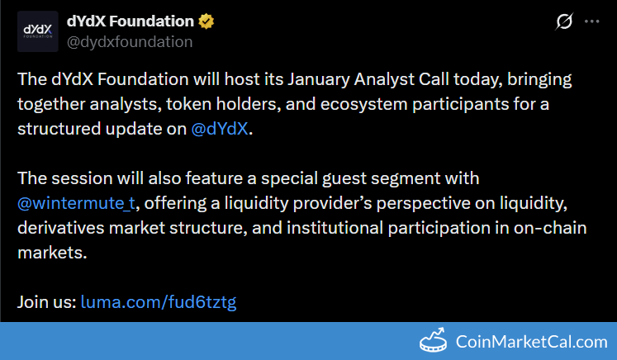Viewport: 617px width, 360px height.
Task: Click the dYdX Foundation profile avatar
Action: (38, 31)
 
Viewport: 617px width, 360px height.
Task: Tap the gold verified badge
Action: (206, 21)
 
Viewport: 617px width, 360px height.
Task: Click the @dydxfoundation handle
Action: (130, 42)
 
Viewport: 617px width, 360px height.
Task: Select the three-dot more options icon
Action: (592, 21)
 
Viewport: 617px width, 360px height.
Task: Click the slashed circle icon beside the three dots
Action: (564, 21)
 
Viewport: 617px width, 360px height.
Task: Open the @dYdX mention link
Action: (220, 129)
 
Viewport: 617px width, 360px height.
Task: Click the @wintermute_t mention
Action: (76, 203)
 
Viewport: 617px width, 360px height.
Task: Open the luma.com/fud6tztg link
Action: (159, 302)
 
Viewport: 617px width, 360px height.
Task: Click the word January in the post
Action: (318, 80)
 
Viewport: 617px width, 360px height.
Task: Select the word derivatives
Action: (60, 228)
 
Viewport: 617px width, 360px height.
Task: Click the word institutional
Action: (335, 228)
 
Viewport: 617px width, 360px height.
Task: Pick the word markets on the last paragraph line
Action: (52, 253)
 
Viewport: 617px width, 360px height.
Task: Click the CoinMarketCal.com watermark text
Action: (532, 342)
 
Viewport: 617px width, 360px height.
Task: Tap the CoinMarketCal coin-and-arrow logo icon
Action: (433, 340)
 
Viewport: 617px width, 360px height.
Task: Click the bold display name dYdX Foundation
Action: (131, 21)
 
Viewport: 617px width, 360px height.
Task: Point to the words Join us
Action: (47, 302)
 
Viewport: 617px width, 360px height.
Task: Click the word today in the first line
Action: (477, 80)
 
